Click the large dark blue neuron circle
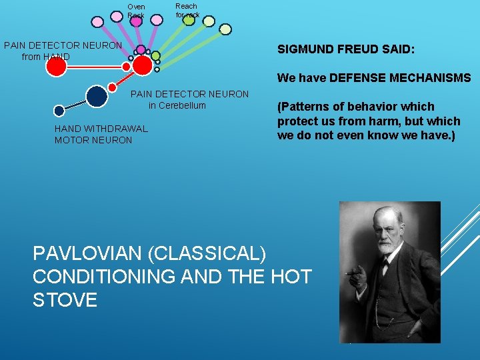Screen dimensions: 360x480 97,96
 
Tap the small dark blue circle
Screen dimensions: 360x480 59,111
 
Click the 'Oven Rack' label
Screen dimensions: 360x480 136,11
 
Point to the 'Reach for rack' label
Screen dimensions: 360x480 187,10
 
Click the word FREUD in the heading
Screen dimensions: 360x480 343,49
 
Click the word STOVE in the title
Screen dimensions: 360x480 65,299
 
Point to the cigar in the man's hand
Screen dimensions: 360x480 351,273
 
